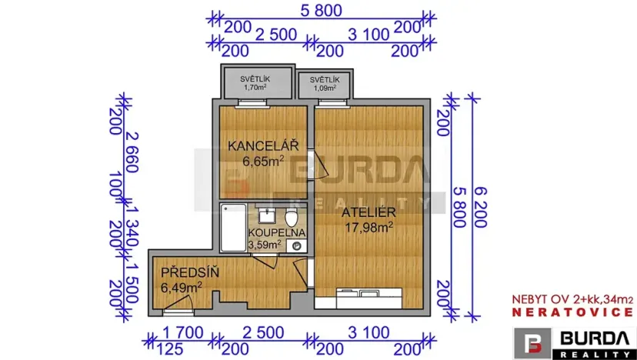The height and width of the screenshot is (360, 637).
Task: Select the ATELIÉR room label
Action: [x=369, y=211]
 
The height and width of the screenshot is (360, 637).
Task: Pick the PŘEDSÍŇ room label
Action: [x=189, y=272]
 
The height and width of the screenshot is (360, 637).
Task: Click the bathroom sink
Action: [x=267, y=213]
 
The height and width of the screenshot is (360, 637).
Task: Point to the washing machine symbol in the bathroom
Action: [x=297, y=245]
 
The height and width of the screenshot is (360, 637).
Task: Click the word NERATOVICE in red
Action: [x=573, y=312]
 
